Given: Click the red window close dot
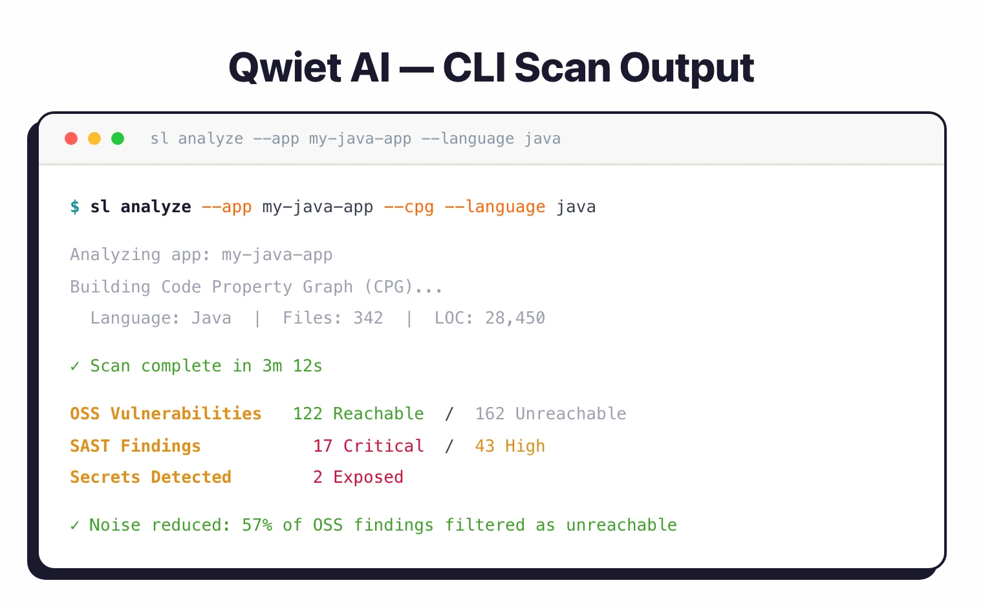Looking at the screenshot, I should click(71, 138).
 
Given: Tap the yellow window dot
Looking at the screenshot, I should click(94, 138).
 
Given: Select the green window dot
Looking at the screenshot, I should click(118, 138).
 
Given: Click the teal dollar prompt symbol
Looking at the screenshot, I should click(75, 207).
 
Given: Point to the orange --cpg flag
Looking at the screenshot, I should click(409, 207).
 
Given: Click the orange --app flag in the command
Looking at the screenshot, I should click(226, 207).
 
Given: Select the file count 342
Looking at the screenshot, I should click(368, 318).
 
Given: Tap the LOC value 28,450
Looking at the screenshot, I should click(515, 318).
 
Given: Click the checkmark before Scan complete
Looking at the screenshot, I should click(75, 366).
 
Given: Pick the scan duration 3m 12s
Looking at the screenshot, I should click(292, 366).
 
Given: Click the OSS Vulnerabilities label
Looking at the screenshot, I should click(166, 414).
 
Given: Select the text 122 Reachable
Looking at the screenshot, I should click(358, 414).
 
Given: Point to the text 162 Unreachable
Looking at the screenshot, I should click(550, 414).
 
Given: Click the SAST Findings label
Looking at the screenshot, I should click(135, 447).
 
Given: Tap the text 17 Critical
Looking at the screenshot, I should click(369, 447).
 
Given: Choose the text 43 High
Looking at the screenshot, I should click(510, 447).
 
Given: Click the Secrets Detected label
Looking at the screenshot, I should click(151, 478).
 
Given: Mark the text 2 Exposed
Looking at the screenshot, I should click(358, 478).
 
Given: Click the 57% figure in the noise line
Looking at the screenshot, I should click(257, 525).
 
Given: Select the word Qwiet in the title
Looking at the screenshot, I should click(285, 68).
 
